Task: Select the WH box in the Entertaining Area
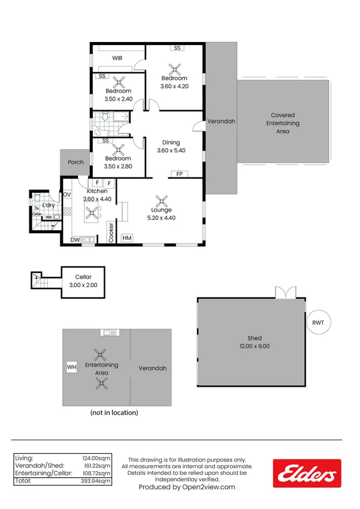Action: (72, 367)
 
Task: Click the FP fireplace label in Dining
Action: (179, 174)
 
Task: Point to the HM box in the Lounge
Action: (127, 238)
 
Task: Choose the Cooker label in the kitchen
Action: (111, 232)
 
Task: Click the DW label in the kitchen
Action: (75, 240)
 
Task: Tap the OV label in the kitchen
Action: (67, 195)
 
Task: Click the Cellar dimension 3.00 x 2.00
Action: (83, 285)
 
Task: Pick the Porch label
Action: (75, 162)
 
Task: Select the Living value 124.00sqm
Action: (96, 457)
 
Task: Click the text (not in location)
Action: (114, 412)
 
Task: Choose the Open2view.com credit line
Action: (187, 487)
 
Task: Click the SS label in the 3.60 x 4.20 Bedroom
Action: (177, 48)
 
